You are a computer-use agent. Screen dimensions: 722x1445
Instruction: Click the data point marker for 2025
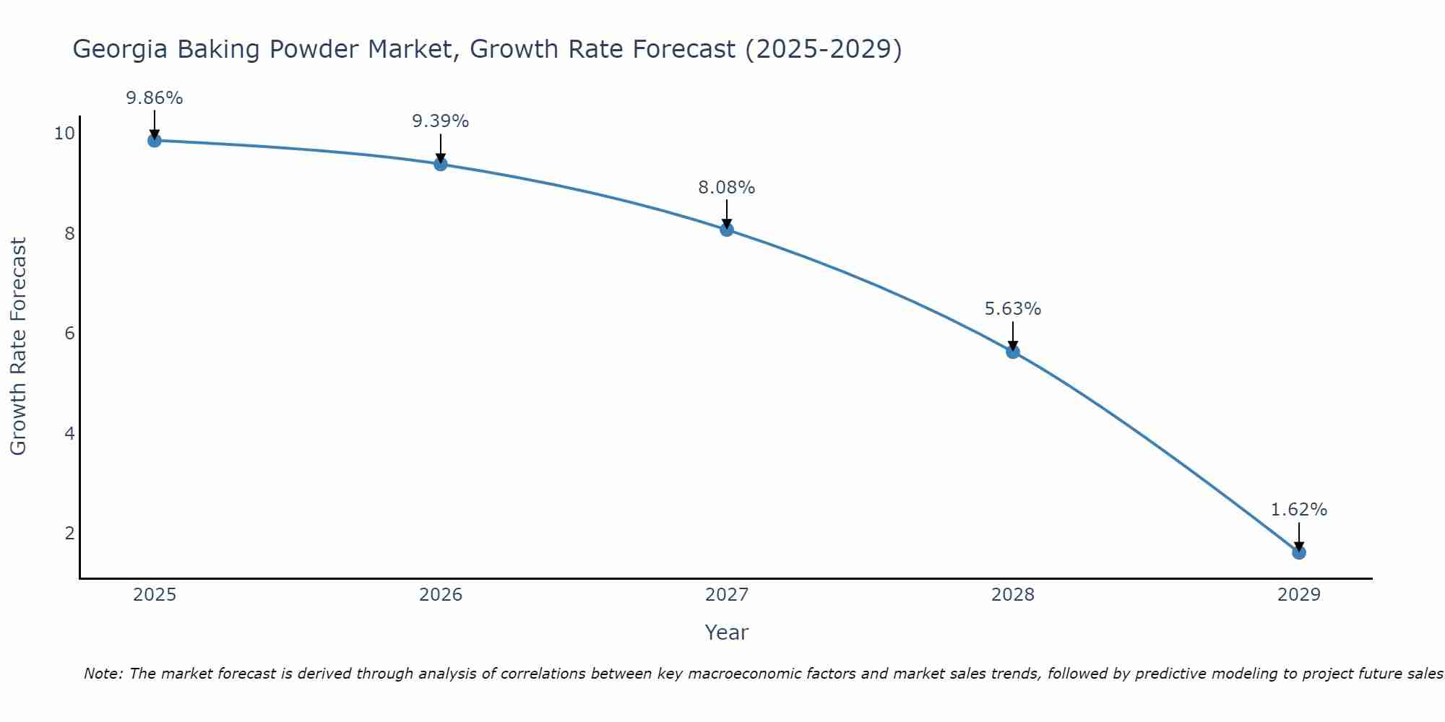(154, 140)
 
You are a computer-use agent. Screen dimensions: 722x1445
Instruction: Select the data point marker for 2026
(440, 164)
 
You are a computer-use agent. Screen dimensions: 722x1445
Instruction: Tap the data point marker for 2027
(726, 230)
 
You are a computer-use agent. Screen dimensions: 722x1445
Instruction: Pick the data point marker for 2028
(1013, 352)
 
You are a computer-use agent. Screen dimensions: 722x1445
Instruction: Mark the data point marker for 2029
(1298, 552)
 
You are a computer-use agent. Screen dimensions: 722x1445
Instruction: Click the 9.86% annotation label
(154, 98)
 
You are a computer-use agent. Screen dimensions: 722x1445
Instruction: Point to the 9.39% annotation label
(440, 121)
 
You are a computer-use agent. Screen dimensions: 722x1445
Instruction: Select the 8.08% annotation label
(726, 188)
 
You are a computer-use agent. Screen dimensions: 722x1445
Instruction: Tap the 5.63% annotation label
(1013, 309)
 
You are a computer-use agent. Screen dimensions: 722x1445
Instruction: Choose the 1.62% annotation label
(1298, 510)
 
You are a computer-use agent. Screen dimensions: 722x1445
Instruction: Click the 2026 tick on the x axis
(440, 595)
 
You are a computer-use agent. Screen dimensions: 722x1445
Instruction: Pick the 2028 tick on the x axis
(1013, 595)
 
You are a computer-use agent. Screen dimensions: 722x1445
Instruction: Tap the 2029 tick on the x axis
(1298, 595)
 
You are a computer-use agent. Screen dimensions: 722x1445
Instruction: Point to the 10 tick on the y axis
(64, 133)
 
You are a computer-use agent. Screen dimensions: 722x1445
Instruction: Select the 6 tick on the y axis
(69, 333)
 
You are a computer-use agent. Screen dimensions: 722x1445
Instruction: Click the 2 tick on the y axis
(69, 533)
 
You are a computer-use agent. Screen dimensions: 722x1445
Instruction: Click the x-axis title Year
(726, 632)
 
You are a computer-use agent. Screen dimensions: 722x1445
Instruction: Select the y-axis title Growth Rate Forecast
(18, 347)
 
